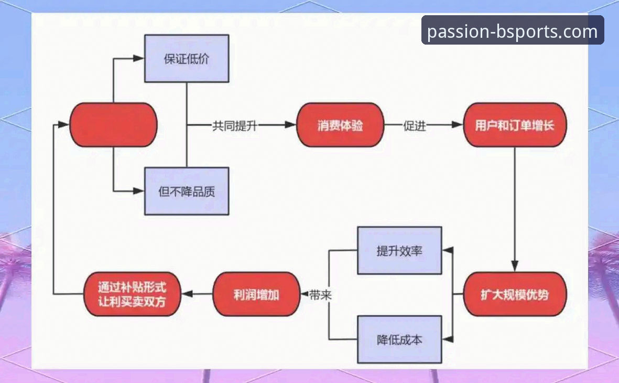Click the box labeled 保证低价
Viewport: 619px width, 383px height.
[x=187, y=58]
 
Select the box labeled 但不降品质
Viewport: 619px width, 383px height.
[x=187, y=191]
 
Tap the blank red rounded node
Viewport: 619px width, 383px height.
[x=113, y=125]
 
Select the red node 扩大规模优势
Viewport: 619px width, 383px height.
[x=514, y=294]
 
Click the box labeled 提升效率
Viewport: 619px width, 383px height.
[x=399, y=250]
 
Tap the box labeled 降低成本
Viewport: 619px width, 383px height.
[x=399, y=339]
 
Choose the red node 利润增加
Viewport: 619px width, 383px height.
[x=256, y=294]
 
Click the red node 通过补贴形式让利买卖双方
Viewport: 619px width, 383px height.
[x=132, y=294]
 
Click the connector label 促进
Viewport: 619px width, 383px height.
[x=415, y=126]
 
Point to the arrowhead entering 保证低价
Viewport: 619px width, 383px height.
[x=139, y=58]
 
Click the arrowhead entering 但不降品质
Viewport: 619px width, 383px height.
[x=139, y=191]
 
